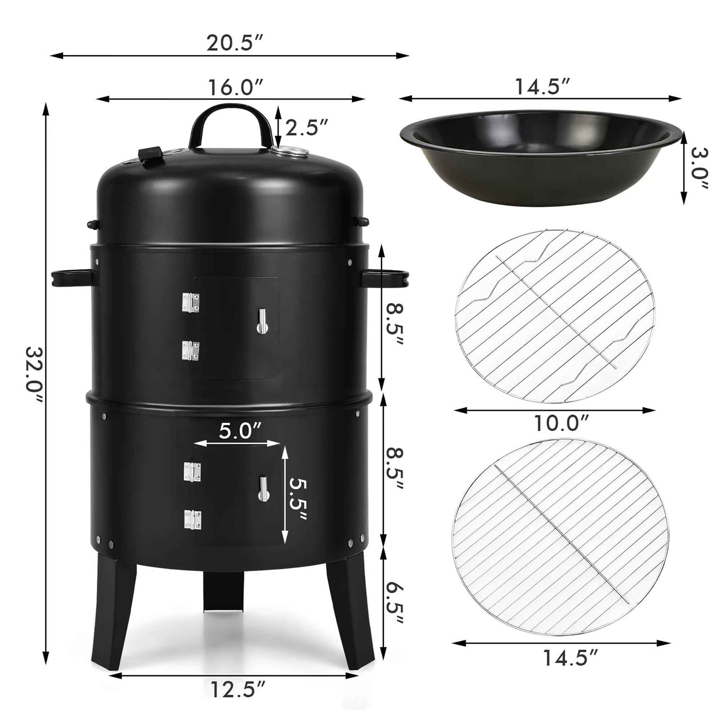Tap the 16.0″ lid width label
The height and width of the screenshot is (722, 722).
[236, 88]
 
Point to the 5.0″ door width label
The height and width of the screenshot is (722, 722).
[240, 431]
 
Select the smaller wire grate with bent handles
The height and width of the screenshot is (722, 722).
[555, 316]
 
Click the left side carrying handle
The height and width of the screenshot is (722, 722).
[71, 277]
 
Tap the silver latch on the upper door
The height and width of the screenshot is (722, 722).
[262, 321]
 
